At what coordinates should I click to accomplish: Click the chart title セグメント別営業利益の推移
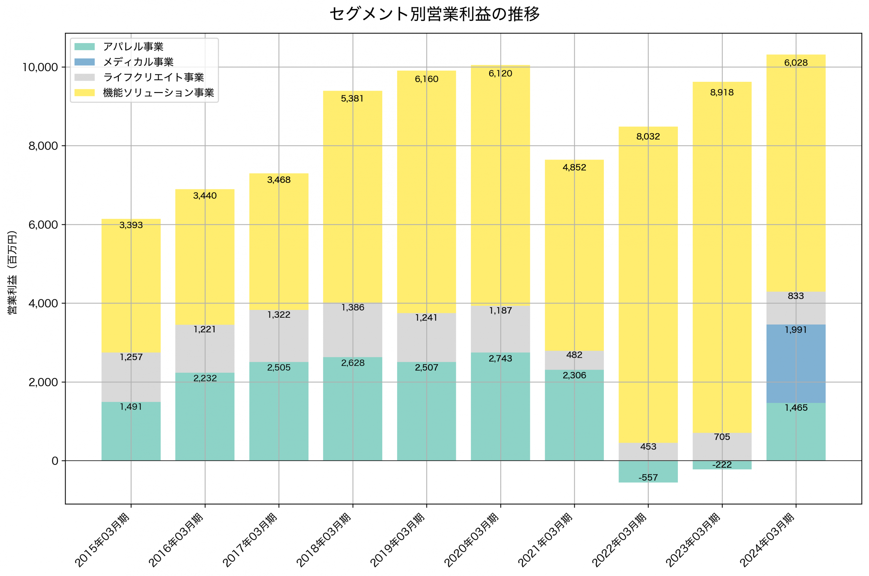pos(434,14)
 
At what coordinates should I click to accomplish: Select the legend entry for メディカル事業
pos(138,62)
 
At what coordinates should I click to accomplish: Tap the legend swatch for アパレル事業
pos(85,47)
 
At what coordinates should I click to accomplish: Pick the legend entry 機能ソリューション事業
pos(158,93)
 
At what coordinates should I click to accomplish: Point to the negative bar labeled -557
pos(648,472)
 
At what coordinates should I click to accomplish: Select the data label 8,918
pos(722,93)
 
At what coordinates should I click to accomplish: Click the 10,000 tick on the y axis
pos(40,67)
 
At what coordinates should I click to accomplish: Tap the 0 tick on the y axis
pos(55,461)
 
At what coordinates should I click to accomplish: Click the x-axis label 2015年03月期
pos(103,540)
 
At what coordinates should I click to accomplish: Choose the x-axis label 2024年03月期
pos(768,540)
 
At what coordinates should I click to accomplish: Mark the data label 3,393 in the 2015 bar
pos(131,225)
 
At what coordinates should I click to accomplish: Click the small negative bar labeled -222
pos(722,465)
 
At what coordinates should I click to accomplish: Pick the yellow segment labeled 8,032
pos(648,286)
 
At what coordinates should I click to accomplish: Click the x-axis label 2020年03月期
pos(472,540)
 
